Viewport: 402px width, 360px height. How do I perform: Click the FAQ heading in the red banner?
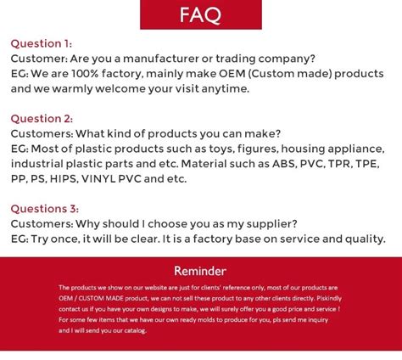click(200, 14)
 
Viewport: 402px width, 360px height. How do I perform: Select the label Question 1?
click(41, 43)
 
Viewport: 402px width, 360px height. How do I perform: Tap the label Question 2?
click(42, 119)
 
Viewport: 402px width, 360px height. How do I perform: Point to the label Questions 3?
click(44, 209)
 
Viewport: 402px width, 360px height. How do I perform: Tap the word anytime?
click(224, 88)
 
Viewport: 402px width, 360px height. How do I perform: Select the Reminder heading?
click(200, 271)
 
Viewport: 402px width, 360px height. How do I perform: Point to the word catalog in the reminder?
click(134, 330)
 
